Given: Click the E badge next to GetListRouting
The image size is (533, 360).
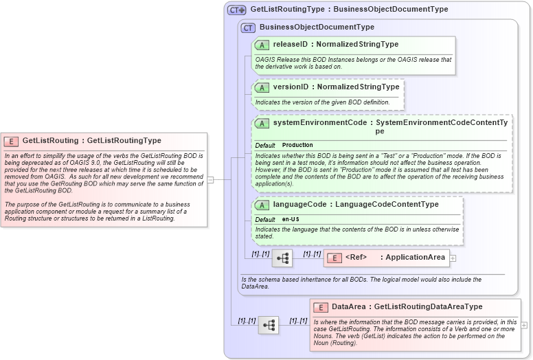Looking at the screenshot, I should coord(11,141).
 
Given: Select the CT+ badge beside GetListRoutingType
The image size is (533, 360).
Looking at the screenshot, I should coord(236,10).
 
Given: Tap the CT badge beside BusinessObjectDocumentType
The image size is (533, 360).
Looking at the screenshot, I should coord(248,27).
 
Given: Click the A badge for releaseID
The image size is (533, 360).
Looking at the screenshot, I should coord(262,45).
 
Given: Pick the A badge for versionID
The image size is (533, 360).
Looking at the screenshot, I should coord(262,87).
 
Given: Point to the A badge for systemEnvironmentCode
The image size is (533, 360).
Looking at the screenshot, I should coord(262,124).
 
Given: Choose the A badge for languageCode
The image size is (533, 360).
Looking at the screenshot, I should coord(262,205).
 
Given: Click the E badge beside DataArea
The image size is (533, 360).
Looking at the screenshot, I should coord(321,307).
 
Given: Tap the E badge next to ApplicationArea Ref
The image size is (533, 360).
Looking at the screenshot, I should coord(333,258).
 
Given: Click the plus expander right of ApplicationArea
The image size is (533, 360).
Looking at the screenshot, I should coord(453,258).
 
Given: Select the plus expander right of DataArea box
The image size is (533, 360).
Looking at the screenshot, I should coord(524,325).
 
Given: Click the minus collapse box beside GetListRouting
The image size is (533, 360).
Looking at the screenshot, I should coord(211,180).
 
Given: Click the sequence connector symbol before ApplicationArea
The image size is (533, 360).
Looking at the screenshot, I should coord(282,258).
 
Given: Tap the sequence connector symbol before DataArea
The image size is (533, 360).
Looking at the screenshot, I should coord(269,325).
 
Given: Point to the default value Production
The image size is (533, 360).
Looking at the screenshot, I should coord(297,146).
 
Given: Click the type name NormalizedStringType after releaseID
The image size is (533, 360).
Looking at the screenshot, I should coord(357,45).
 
